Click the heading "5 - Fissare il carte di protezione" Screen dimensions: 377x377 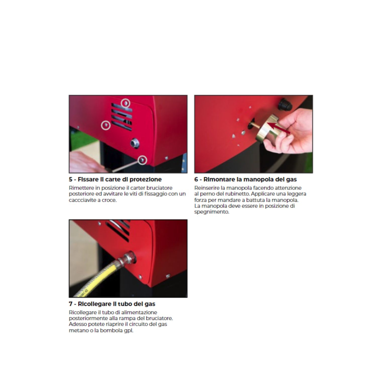pyautogui.click(x=115, y=179)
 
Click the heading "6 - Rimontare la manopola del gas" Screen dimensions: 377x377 pyautogui.click(x=246, y=179)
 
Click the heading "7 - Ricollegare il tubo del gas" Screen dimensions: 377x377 pyautogui.click(x=112, y=304)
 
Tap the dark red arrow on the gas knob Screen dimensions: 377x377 pyautogui.click(x=278, y=127)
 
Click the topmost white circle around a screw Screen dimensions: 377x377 pyautogui.click(x=126, y=103)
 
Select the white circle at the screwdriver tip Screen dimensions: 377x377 pyautogui.click(x=143, y=160)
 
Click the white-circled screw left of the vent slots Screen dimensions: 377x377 pyautogui.click(x=106, y=125)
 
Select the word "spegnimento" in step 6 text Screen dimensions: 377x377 pyautogui.click(x=212, y=212)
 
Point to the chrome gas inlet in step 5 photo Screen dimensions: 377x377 pyautogui.click(x=135, y=143)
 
